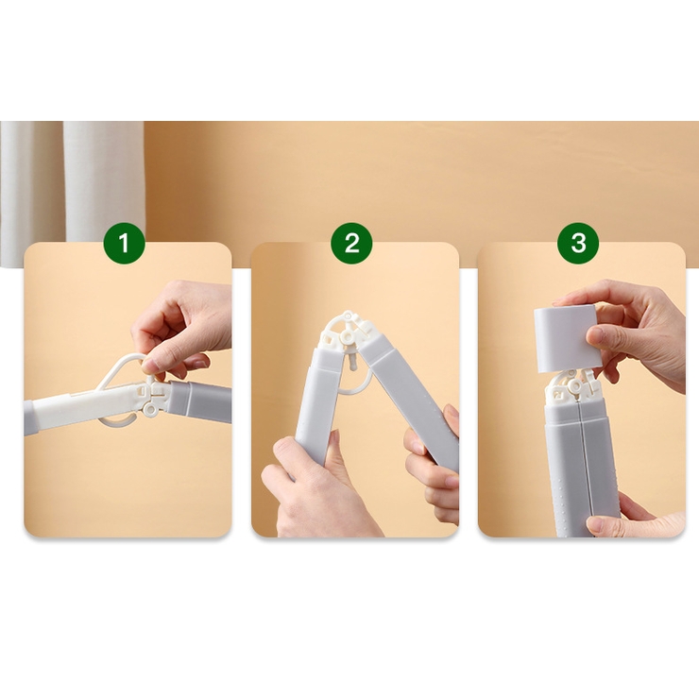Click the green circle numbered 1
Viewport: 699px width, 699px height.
125,244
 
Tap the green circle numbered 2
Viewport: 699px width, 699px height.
351,244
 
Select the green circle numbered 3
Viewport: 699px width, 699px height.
578,244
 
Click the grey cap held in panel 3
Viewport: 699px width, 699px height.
565,339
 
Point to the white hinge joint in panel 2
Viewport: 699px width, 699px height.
347,332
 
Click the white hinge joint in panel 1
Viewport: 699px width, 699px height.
151,397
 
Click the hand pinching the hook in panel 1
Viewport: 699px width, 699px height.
183,329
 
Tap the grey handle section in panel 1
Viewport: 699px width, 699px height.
200,399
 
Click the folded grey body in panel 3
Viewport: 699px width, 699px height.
582,464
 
